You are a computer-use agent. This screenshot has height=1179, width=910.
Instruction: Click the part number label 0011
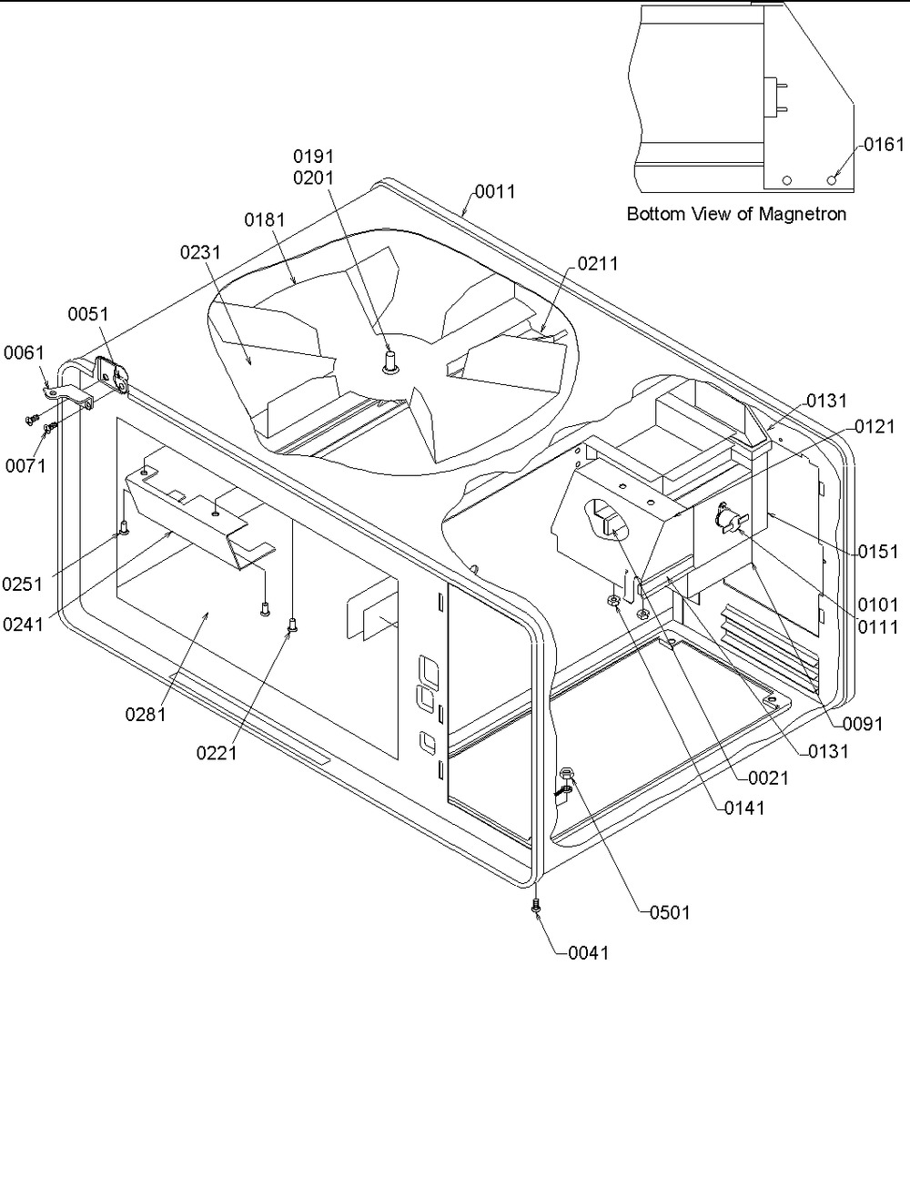pos(495,192)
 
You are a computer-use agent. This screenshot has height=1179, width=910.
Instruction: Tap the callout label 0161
pos(885,145)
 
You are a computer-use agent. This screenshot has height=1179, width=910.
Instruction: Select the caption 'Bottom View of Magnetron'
pos(737,215)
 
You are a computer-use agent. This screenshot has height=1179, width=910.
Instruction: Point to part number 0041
pos(589,953)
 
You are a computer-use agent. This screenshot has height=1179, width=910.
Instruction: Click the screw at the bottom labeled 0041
pos(536,906)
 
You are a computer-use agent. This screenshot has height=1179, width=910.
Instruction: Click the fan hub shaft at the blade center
pos(391,361)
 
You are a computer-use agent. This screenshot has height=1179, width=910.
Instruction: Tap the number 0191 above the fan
pos(313,157)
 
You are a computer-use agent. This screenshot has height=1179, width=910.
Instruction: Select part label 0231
pos(201,253)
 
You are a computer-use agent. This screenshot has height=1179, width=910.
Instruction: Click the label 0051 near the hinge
pos(88,314)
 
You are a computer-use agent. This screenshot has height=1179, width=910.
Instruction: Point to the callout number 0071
pos(25,467)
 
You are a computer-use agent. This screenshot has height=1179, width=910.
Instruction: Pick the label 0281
pos(147,715)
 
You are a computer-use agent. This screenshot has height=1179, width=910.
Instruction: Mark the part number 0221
pos(217,753)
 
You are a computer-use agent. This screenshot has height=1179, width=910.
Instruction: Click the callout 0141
pos(744,808)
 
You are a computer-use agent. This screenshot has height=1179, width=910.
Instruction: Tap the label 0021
pos(768,779)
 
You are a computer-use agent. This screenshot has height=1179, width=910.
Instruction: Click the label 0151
pos(878,552)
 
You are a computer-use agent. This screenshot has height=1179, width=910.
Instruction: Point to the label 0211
pos(598,264)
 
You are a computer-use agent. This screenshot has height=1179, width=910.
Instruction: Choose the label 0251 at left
pos(23,584)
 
